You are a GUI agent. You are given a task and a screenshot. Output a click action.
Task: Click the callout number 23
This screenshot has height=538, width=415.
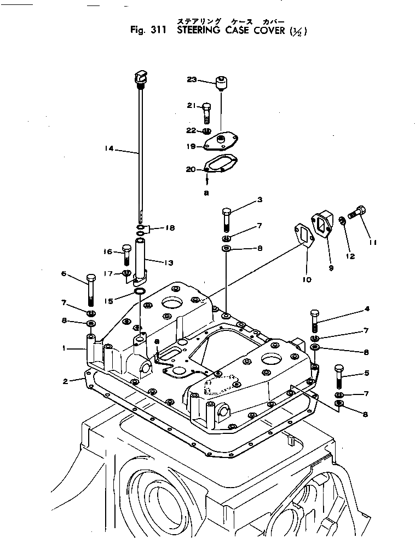click(x=192, y=79)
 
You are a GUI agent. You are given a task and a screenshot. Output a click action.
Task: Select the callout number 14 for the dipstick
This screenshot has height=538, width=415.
click(x=109, y=148)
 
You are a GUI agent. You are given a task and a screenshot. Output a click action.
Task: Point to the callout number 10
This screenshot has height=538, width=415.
click(x=306, y=279)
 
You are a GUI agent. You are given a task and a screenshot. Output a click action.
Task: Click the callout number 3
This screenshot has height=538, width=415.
click(x=260, y=199)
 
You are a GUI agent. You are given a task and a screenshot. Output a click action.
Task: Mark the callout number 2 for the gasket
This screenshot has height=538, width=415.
click(x=66, y=381)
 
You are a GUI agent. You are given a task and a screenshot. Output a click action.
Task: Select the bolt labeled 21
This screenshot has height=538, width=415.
click(x=206, y=112)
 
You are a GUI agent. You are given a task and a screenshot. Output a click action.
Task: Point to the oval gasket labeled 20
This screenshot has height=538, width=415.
click(x=220, y=165)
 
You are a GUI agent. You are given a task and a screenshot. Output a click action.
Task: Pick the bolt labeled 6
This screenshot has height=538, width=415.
click(x=90, y=290)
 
